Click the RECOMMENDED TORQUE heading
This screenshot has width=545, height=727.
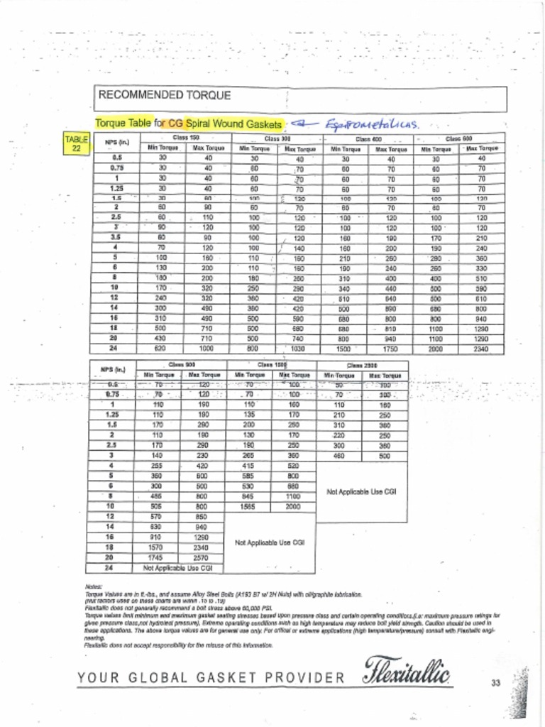(x=164, y=95)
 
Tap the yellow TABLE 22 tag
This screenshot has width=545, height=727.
(x=77, y=144)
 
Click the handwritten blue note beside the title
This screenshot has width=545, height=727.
(x=369, y=124)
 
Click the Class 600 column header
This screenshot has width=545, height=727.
(x=458, y=138)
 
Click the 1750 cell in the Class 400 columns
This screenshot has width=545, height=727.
(x=390, y=349)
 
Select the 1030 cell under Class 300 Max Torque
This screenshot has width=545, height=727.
(x=299, y=349)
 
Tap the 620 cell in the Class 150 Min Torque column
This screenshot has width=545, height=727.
(x=162, y=349)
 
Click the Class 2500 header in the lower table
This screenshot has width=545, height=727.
(x=361, y=365)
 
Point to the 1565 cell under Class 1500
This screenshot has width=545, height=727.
(x=248, y=507)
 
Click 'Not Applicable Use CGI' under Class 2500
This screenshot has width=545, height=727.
(x=361, y=491)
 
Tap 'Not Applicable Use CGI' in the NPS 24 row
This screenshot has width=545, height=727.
(x=178, y=568)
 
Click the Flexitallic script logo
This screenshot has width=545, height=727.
(x=407, y=671)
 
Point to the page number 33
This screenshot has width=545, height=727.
(x=495, y=683)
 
